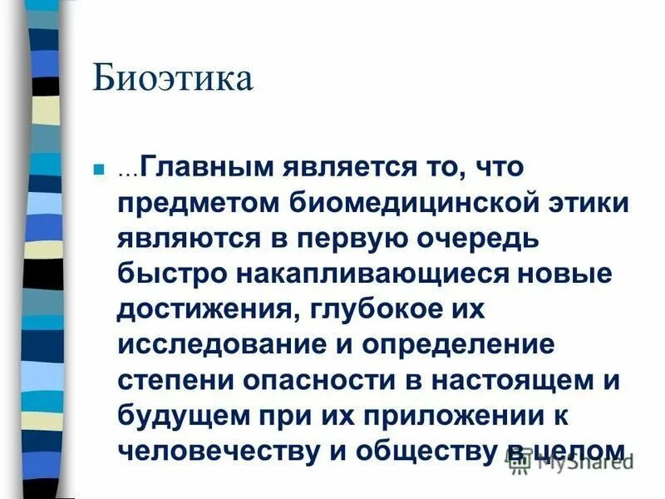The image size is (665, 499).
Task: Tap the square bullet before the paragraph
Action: click(x=97, y=169)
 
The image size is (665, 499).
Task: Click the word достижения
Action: click(x=207, y=309)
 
